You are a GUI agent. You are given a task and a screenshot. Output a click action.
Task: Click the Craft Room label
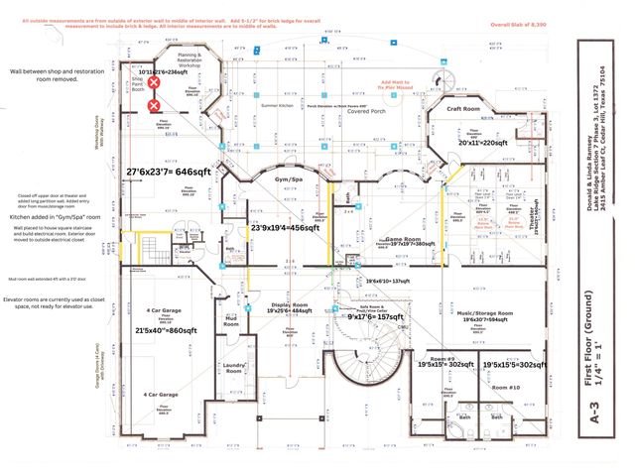[x=463, y=109]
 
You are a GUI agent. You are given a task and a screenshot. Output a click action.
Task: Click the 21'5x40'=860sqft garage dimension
[x=166, y=330]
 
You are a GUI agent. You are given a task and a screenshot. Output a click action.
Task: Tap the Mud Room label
[x=231, y=321]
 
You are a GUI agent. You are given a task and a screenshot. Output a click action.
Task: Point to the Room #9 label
[x=442, y=356]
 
